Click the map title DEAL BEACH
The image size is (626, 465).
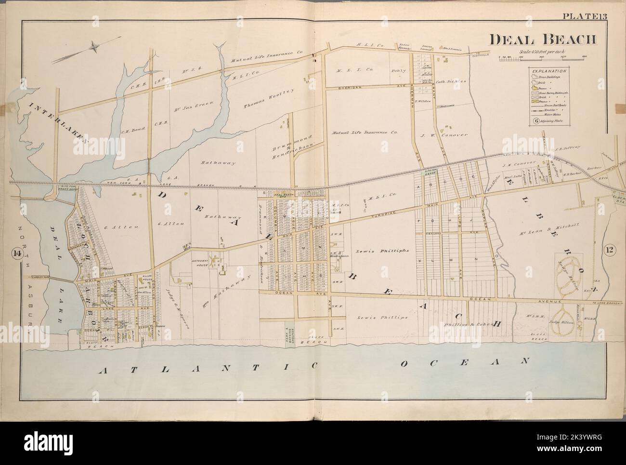pos(543,40)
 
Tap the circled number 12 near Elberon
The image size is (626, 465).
pos(608,250)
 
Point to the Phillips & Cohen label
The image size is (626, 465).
pos(469,325)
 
